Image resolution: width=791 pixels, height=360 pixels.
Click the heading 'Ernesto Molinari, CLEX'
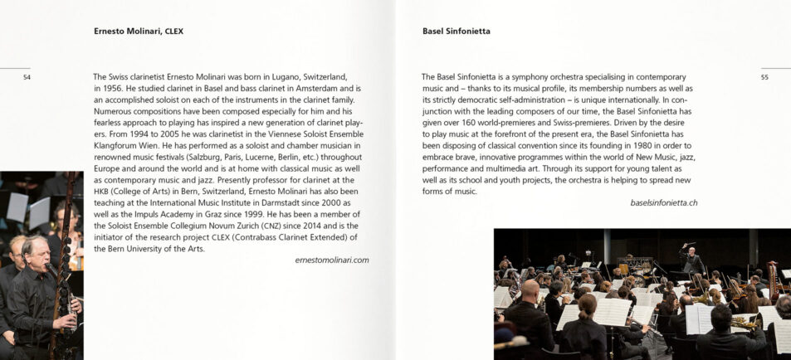pyautogui.click(x=139, y=32)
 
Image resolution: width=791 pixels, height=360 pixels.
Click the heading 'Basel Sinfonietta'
pyautogui.click(x=456, y=32)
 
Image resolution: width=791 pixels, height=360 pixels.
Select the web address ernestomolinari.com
pyautogui.click(x=331, y=260)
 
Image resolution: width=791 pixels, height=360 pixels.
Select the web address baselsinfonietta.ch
pyautogui.click(x=663, y=202)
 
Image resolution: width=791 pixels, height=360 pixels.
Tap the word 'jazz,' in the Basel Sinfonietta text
pyautogui.click(x=684, y=157)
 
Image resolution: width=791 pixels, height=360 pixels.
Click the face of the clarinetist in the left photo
pyautogui.click(x=36, y=253)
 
